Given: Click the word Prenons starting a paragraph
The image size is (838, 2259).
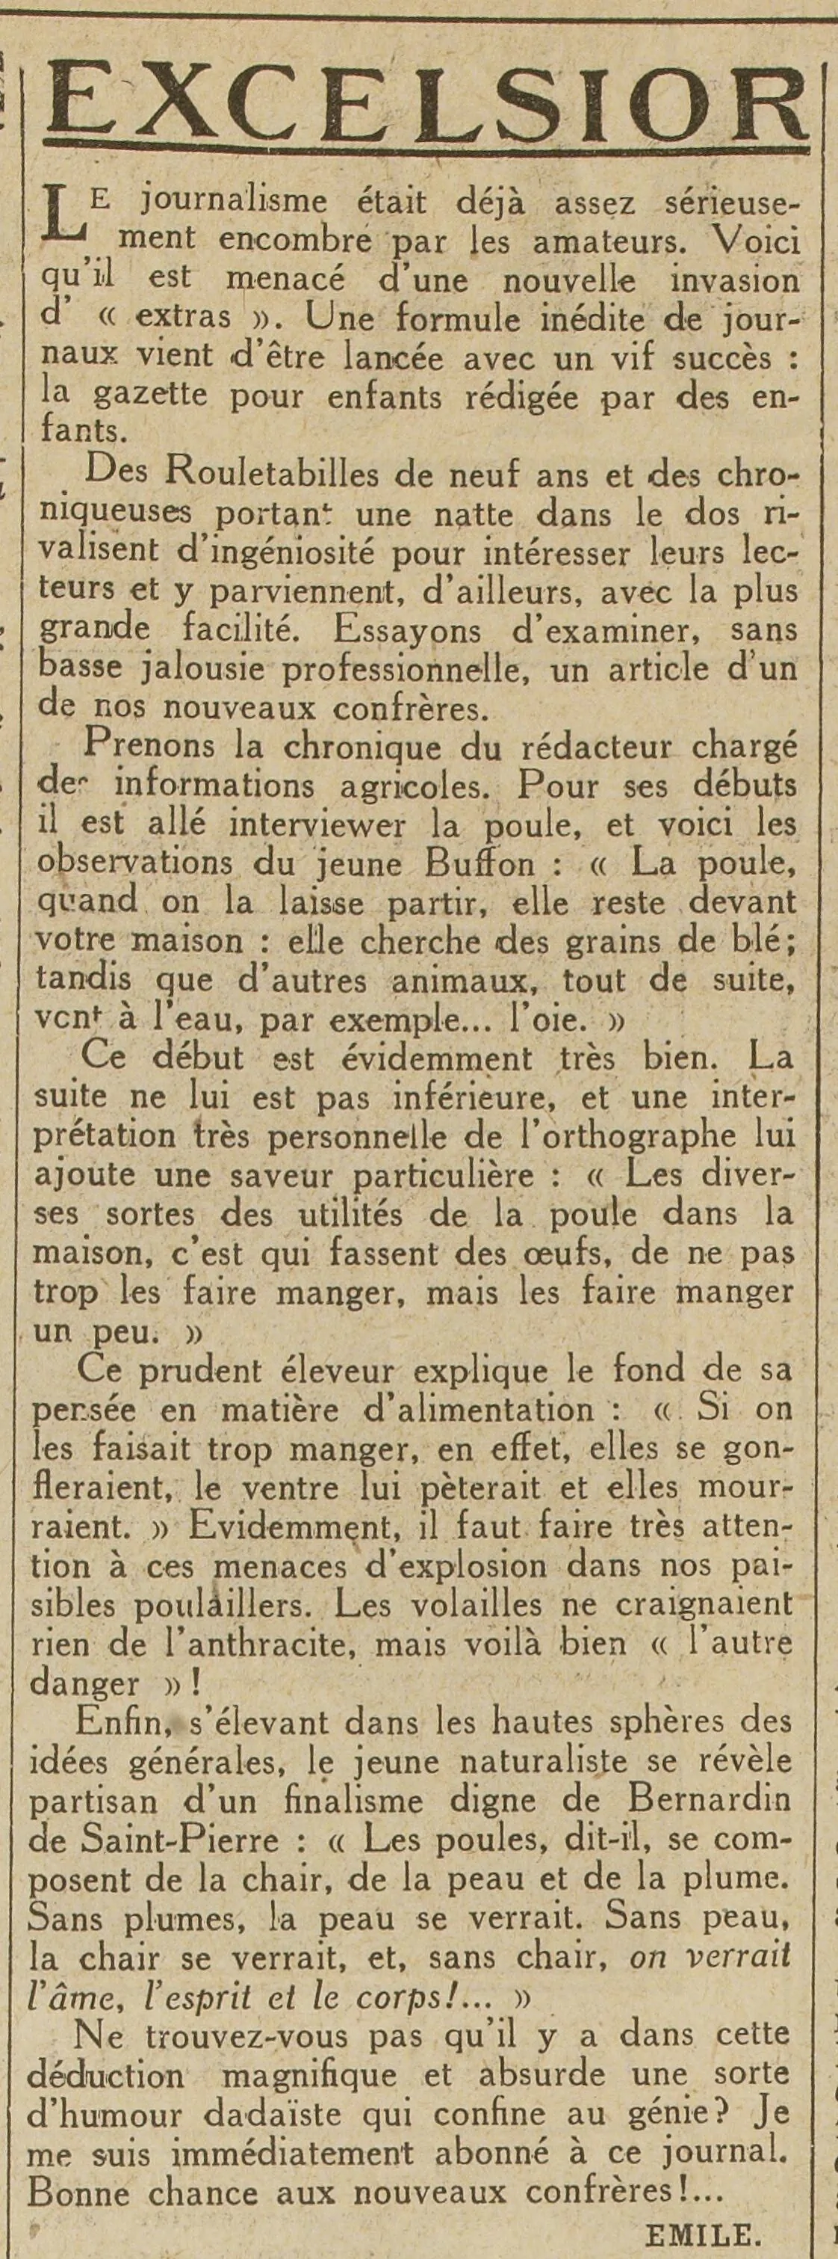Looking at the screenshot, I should pos(146,746).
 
